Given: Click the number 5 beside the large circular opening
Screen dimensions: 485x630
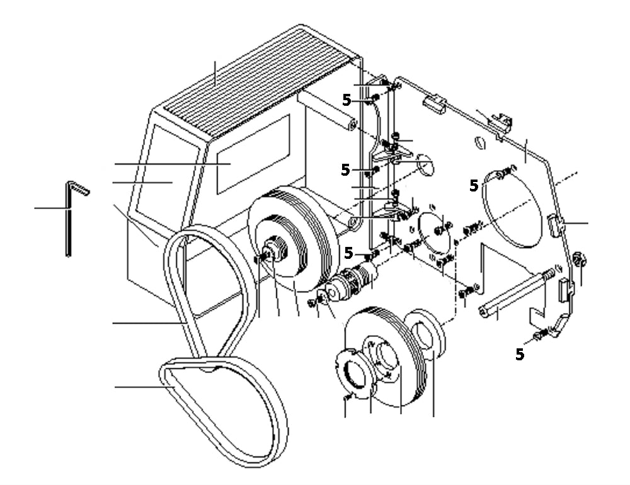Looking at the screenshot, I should coord(473,185).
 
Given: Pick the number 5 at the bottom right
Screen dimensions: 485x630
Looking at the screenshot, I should coord(520,355).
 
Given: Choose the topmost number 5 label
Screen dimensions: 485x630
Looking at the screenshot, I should coord(346,100).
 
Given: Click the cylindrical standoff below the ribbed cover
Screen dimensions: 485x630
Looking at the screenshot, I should coord(328,110).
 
